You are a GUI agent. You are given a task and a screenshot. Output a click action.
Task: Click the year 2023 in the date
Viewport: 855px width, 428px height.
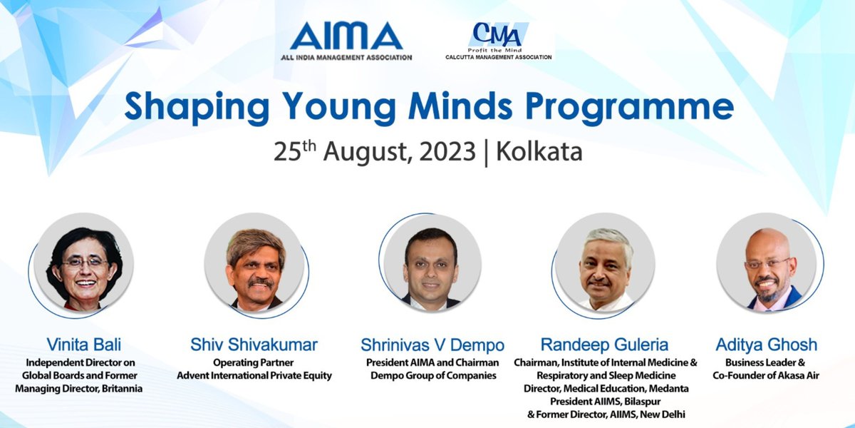coord(446,151)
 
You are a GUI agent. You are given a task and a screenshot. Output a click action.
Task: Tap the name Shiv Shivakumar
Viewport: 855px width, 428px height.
coord(254,345)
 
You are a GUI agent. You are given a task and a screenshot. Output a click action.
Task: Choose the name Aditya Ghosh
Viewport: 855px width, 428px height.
coord(768,345)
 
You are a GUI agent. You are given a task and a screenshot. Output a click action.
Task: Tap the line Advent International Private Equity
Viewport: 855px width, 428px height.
coord(254,375)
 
